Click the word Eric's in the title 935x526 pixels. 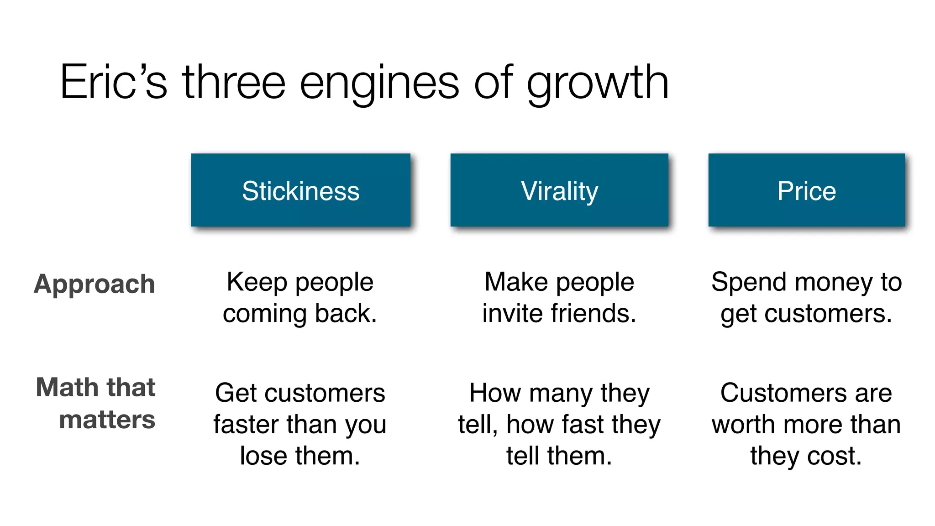pos(113,82)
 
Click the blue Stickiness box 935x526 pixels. pos(301,190)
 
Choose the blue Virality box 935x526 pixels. pos(559,190)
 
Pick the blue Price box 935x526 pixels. pos(807,190)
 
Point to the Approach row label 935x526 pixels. pos(95,284)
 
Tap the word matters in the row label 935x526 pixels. pos(107,420)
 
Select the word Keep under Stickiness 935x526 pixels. pos(257,282)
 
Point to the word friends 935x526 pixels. pos(594,314)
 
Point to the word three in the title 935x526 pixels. pos(234,82)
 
